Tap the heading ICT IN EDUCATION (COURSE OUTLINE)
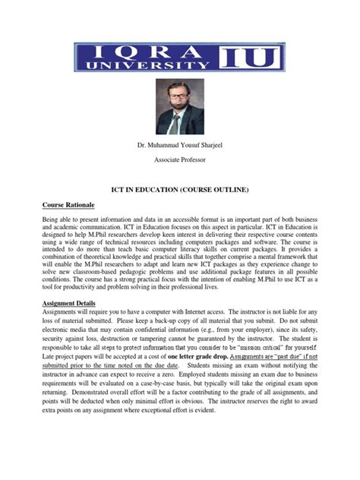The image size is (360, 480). coord(180,188)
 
